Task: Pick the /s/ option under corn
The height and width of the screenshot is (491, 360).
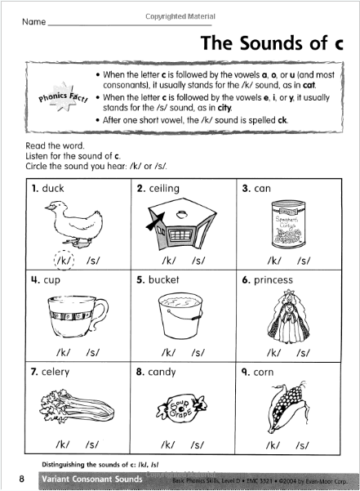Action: pos(304,445)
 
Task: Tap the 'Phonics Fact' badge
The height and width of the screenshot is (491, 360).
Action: pos(62,100)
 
